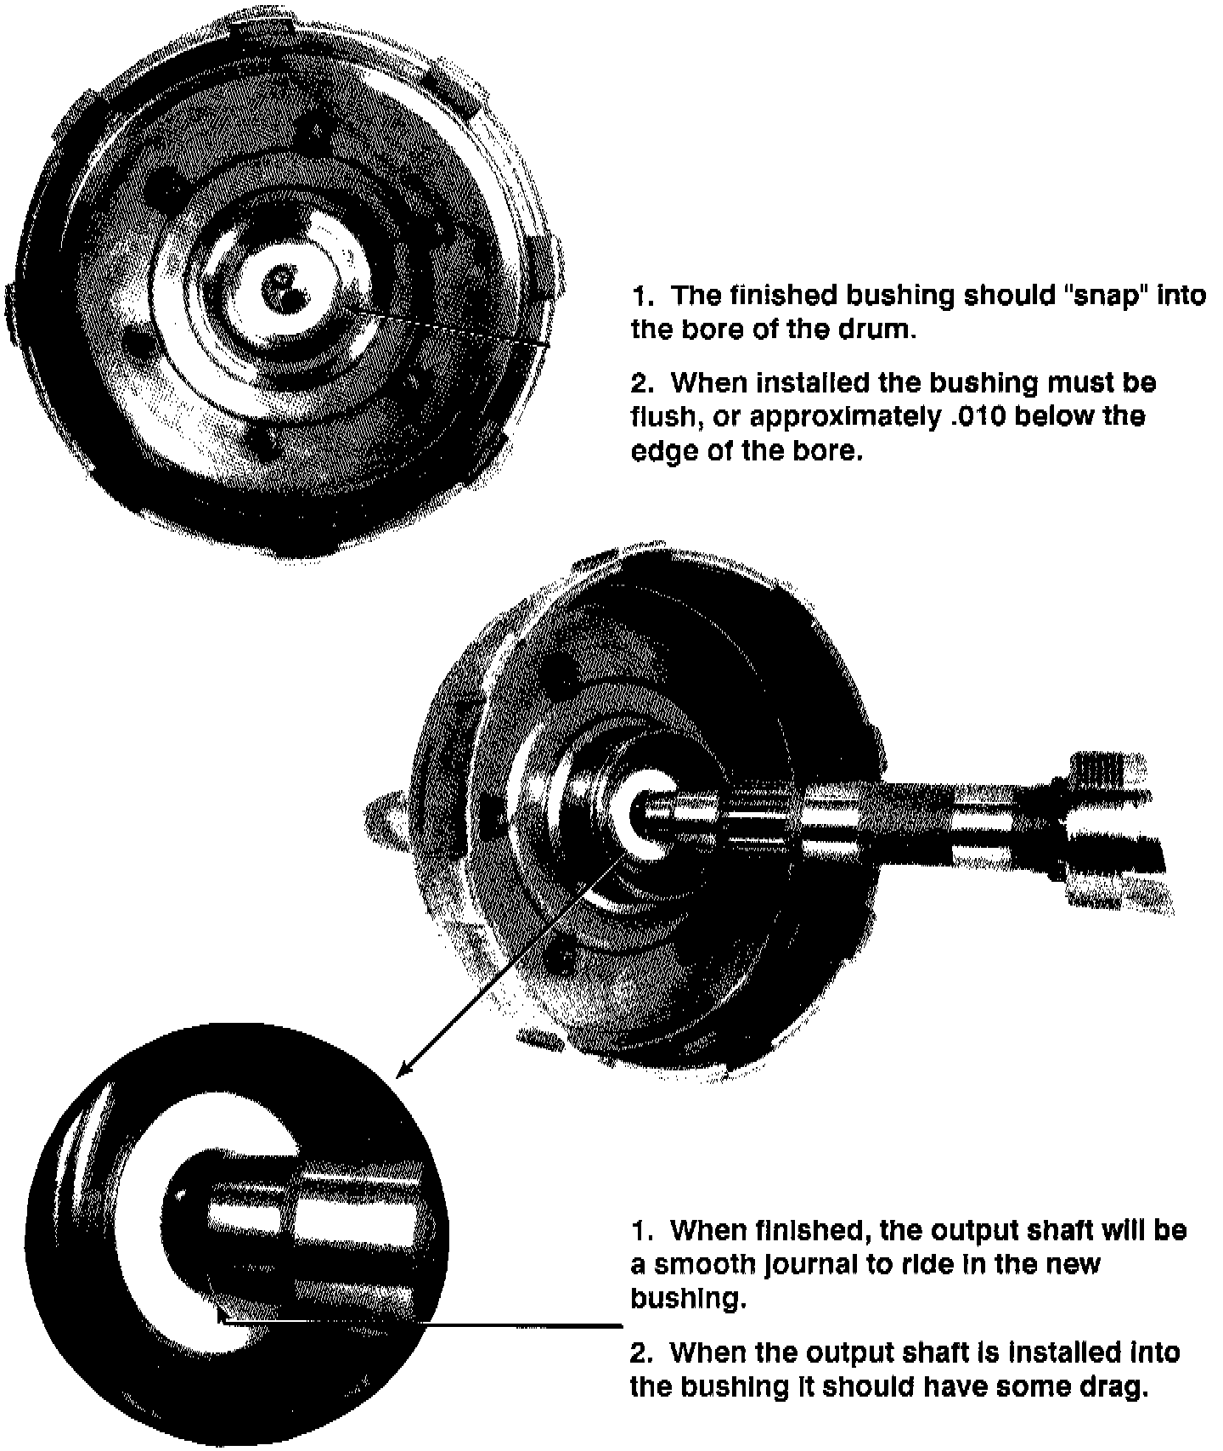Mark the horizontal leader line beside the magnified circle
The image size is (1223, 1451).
(420, 1324)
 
